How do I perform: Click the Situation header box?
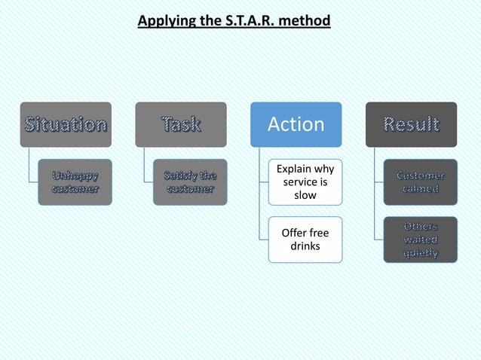click(66, 124)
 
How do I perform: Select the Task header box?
click(181, 124)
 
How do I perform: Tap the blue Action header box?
click(296, 124)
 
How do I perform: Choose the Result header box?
click(411, 124)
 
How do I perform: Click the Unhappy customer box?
click(74, 182)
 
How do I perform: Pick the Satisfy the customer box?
click(190, 182)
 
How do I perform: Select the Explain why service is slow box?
click(305, 182)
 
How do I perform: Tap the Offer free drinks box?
click(305, 239)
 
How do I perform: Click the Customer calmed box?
click(421, 182)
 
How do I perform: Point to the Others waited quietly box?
click(421, 239)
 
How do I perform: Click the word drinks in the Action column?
click(305, 246)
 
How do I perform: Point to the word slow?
click(305, 195)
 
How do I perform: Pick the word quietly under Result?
click(421, 252)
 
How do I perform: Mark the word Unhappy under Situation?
click(74, 175)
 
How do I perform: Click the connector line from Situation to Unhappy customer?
click(30, 166)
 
